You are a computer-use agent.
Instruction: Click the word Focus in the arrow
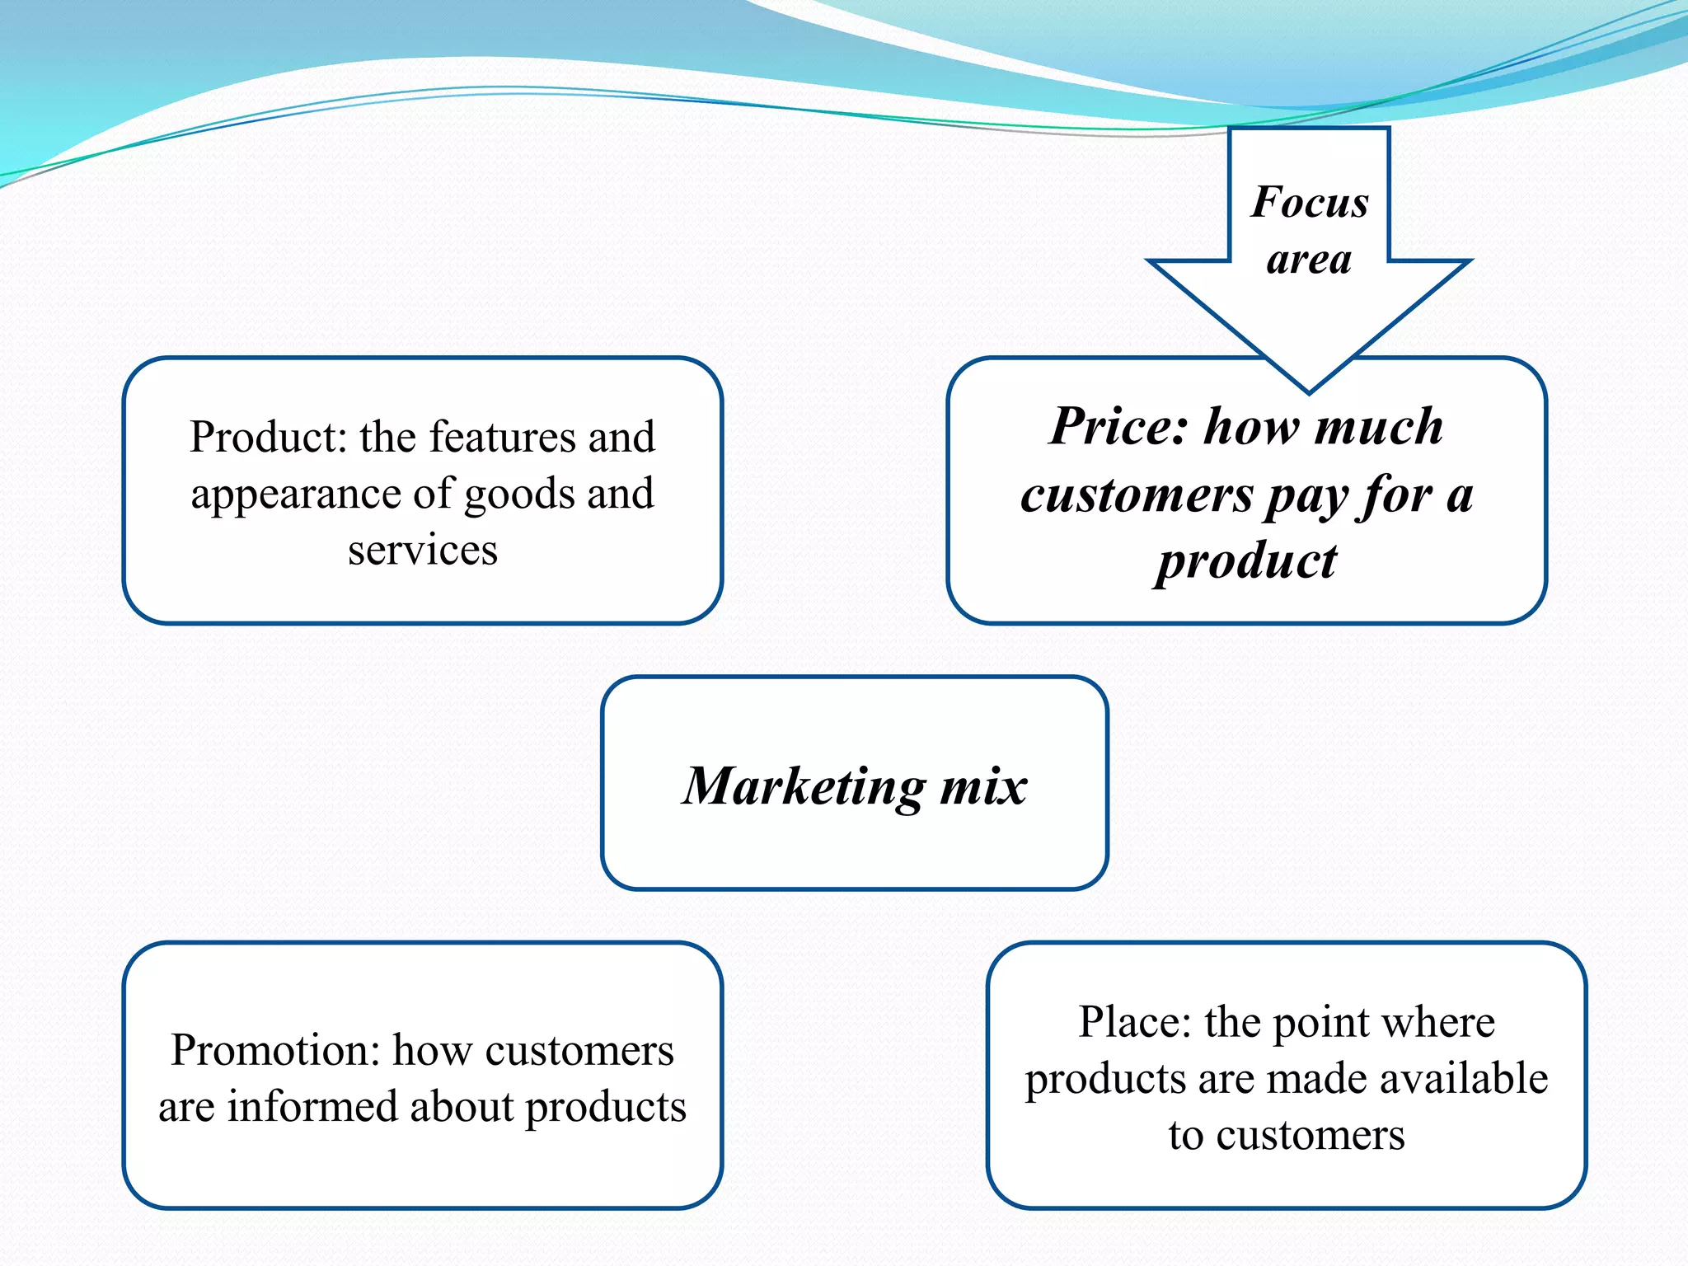point(1309,202)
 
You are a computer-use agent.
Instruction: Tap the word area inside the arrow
point(1309,260)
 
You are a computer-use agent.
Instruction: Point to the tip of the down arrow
point(1309,390)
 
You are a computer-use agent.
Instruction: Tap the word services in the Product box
point(422,550)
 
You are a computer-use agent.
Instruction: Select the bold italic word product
point(1245,563)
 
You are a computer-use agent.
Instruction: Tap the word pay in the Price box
point(1306,497)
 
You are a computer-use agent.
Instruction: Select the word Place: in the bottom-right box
point(1135,1023)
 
